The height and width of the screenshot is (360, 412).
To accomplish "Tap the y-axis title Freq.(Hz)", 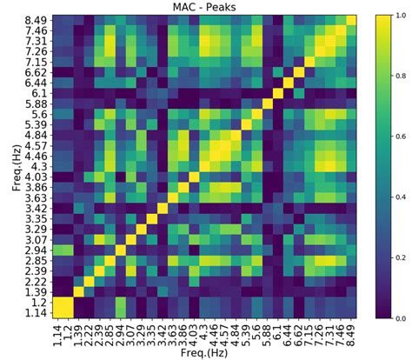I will coord(11,168).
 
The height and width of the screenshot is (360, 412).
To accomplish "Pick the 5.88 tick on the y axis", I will coord(36,103).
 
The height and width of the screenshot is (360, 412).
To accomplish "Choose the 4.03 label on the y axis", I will coord(36,177).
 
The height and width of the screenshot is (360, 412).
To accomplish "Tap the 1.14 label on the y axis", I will coord(36,313).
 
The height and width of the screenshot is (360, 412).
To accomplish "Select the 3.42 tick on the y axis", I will coord(36,209).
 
